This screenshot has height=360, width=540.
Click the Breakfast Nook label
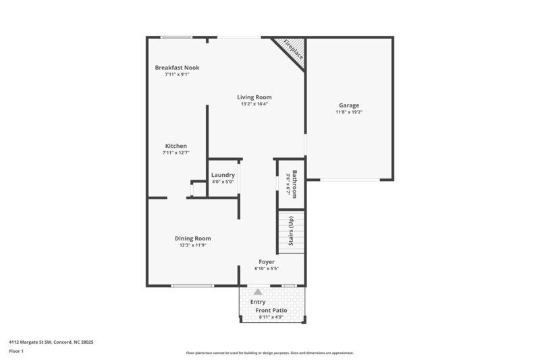point(177,68)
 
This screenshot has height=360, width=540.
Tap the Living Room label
point(254,97)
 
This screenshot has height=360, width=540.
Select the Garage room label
point(349,105)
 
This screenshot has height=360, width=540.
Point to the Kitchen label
point(176,146)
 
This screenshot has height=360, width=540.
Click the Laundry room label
point(223,176)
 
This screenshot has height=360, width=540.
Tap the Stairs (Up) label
point(292,231)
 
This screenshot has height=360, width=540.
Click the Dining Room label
point(193,238)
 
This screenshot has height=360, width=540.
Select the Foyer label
point(267,261)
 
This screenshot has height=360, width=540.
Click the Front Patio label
point(271,310)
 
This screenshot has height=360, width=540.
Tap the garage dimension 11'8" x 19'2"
point(349,112)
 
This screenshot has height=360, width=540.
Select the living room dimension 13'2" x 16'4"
point(254,104)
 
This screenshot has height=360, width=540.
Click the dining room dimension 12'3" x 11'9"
point(193,245)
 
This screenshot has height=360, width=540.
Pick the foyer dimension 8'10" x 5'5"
point(267,268)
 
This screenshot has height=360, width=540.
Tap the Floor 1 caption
point(17,351)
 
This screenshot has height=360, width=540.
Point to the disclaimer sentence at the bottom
point(269,353)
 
